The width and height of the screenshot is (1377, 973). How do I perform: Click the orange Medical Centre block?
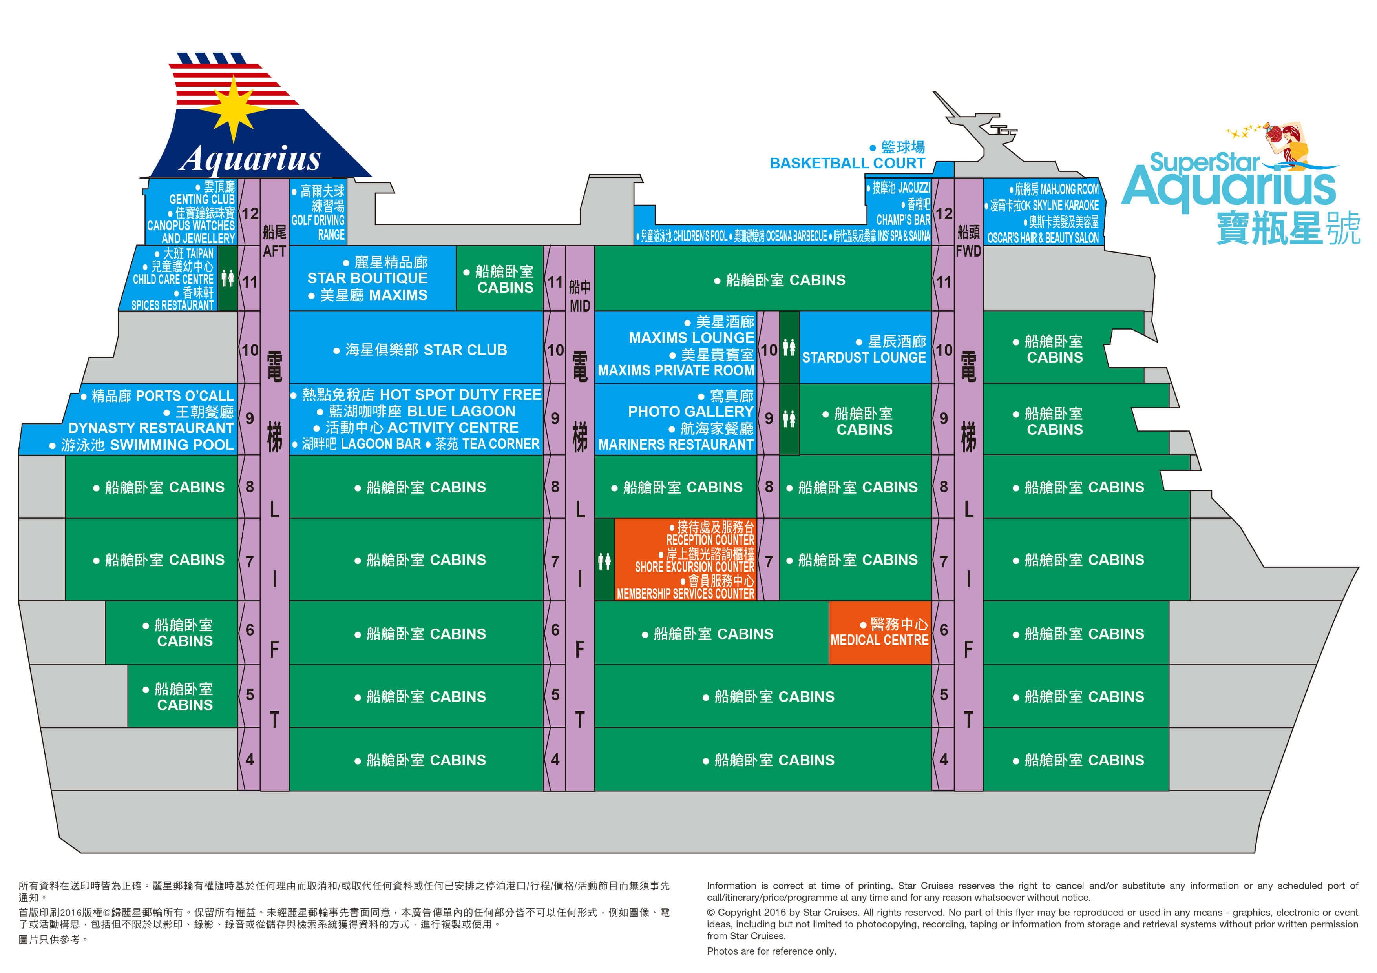[879, 632]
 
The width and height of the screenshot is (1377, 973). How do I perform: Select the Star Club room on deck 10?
[420, 350]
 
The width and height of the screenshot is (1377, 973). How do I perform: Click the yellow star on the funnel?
[234, 108]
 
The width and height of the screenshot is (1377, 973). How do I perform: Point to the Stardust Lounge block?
[864, 350]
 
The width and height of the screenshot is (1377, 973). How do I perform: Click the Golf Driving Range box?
[318, 213]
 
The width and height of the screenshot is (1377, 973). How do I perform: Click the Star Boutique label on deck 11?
[367, 278]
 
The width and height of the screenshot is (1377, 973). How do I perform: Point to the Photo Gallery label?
[690, 411]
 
